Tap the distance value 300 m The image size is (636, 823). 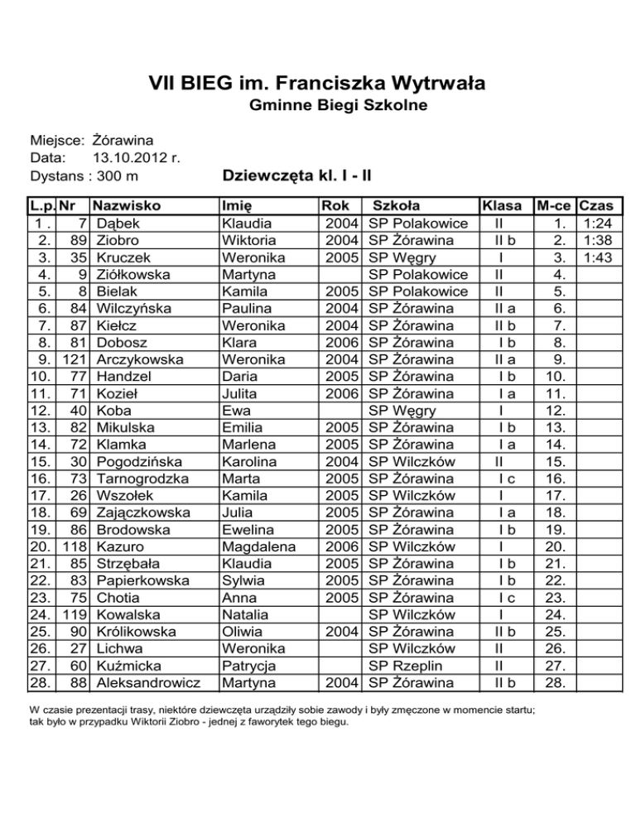117,176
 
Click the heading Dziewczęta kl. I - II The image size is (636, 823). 296,176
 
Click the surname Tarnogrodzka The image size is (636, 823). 142,479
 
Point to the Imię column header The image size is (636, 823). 239,205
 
